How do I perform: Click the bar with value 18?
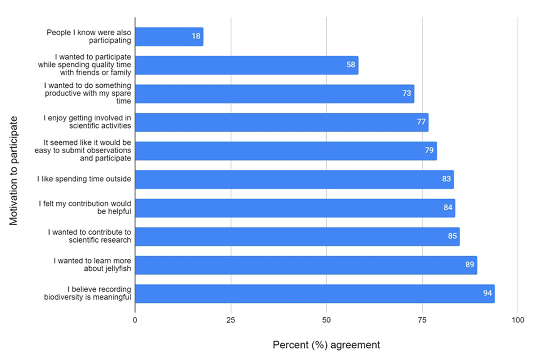(169, 37)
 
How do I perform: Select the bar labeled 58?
(246, 65)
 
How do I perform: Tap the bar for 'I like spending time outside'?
(294, 179)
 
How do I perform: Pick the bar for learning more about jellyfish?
(306, 265)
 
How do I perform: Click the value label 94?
(487, 294)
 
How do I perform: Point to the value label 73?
(407, 94)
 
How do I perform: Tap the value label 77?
(421, 122)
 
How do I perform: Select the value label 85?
(452, 236)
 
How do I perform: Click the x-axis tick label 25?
(231, 320)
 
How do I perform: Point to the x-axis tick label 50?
(326, 320)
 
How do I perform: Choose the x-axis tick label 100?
(517, 320)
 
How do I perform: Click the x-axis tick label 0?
(135, 320)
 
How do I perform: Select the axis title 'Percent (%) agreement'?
(326, 345)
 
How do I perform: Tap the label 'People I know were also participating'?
(89, 37)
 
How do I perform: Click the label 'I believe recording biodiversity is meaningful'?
(88, 293)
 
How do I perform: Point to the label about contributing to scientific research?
(89, 236)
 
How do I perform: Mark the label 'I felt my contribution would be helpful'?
(85, 208)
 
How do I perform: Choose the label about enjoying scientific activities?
(87, 122)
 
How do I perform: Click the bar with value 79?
(286, 151)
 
